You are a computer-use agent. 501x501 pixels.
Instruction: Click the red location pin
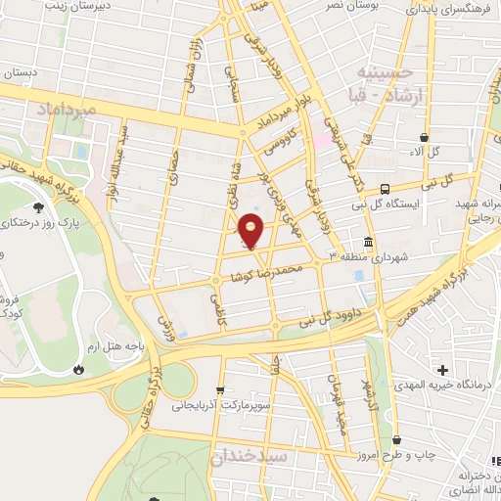click(x=251, y=231)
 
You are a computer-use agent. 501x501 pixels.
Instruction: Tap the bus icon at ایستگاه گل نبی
click(x=385, y=188)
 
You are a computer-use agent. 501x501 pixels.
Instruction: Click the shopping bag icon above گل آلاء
click(x=423, y=138)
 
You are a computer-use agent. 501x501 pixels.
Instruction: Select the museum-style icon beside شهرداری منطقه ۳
click(x=368, y=242)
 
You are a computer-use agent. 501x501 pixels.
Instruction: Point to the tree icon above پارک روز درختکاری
click(x=38, y=207)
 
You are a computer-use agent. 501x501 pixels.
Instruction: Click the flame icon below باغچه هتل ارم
click(x=78, y=370)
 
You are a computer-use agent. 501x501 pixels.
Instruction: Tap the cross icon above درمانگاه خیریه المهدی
click(x=443, y=370)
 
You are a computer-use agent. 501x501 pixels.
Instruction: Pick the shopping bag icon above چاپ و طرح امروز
click(x=396, y=440)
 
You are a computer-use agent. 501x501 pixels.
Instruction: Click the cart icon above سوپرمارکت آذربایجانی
click(x=221, y=388)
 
